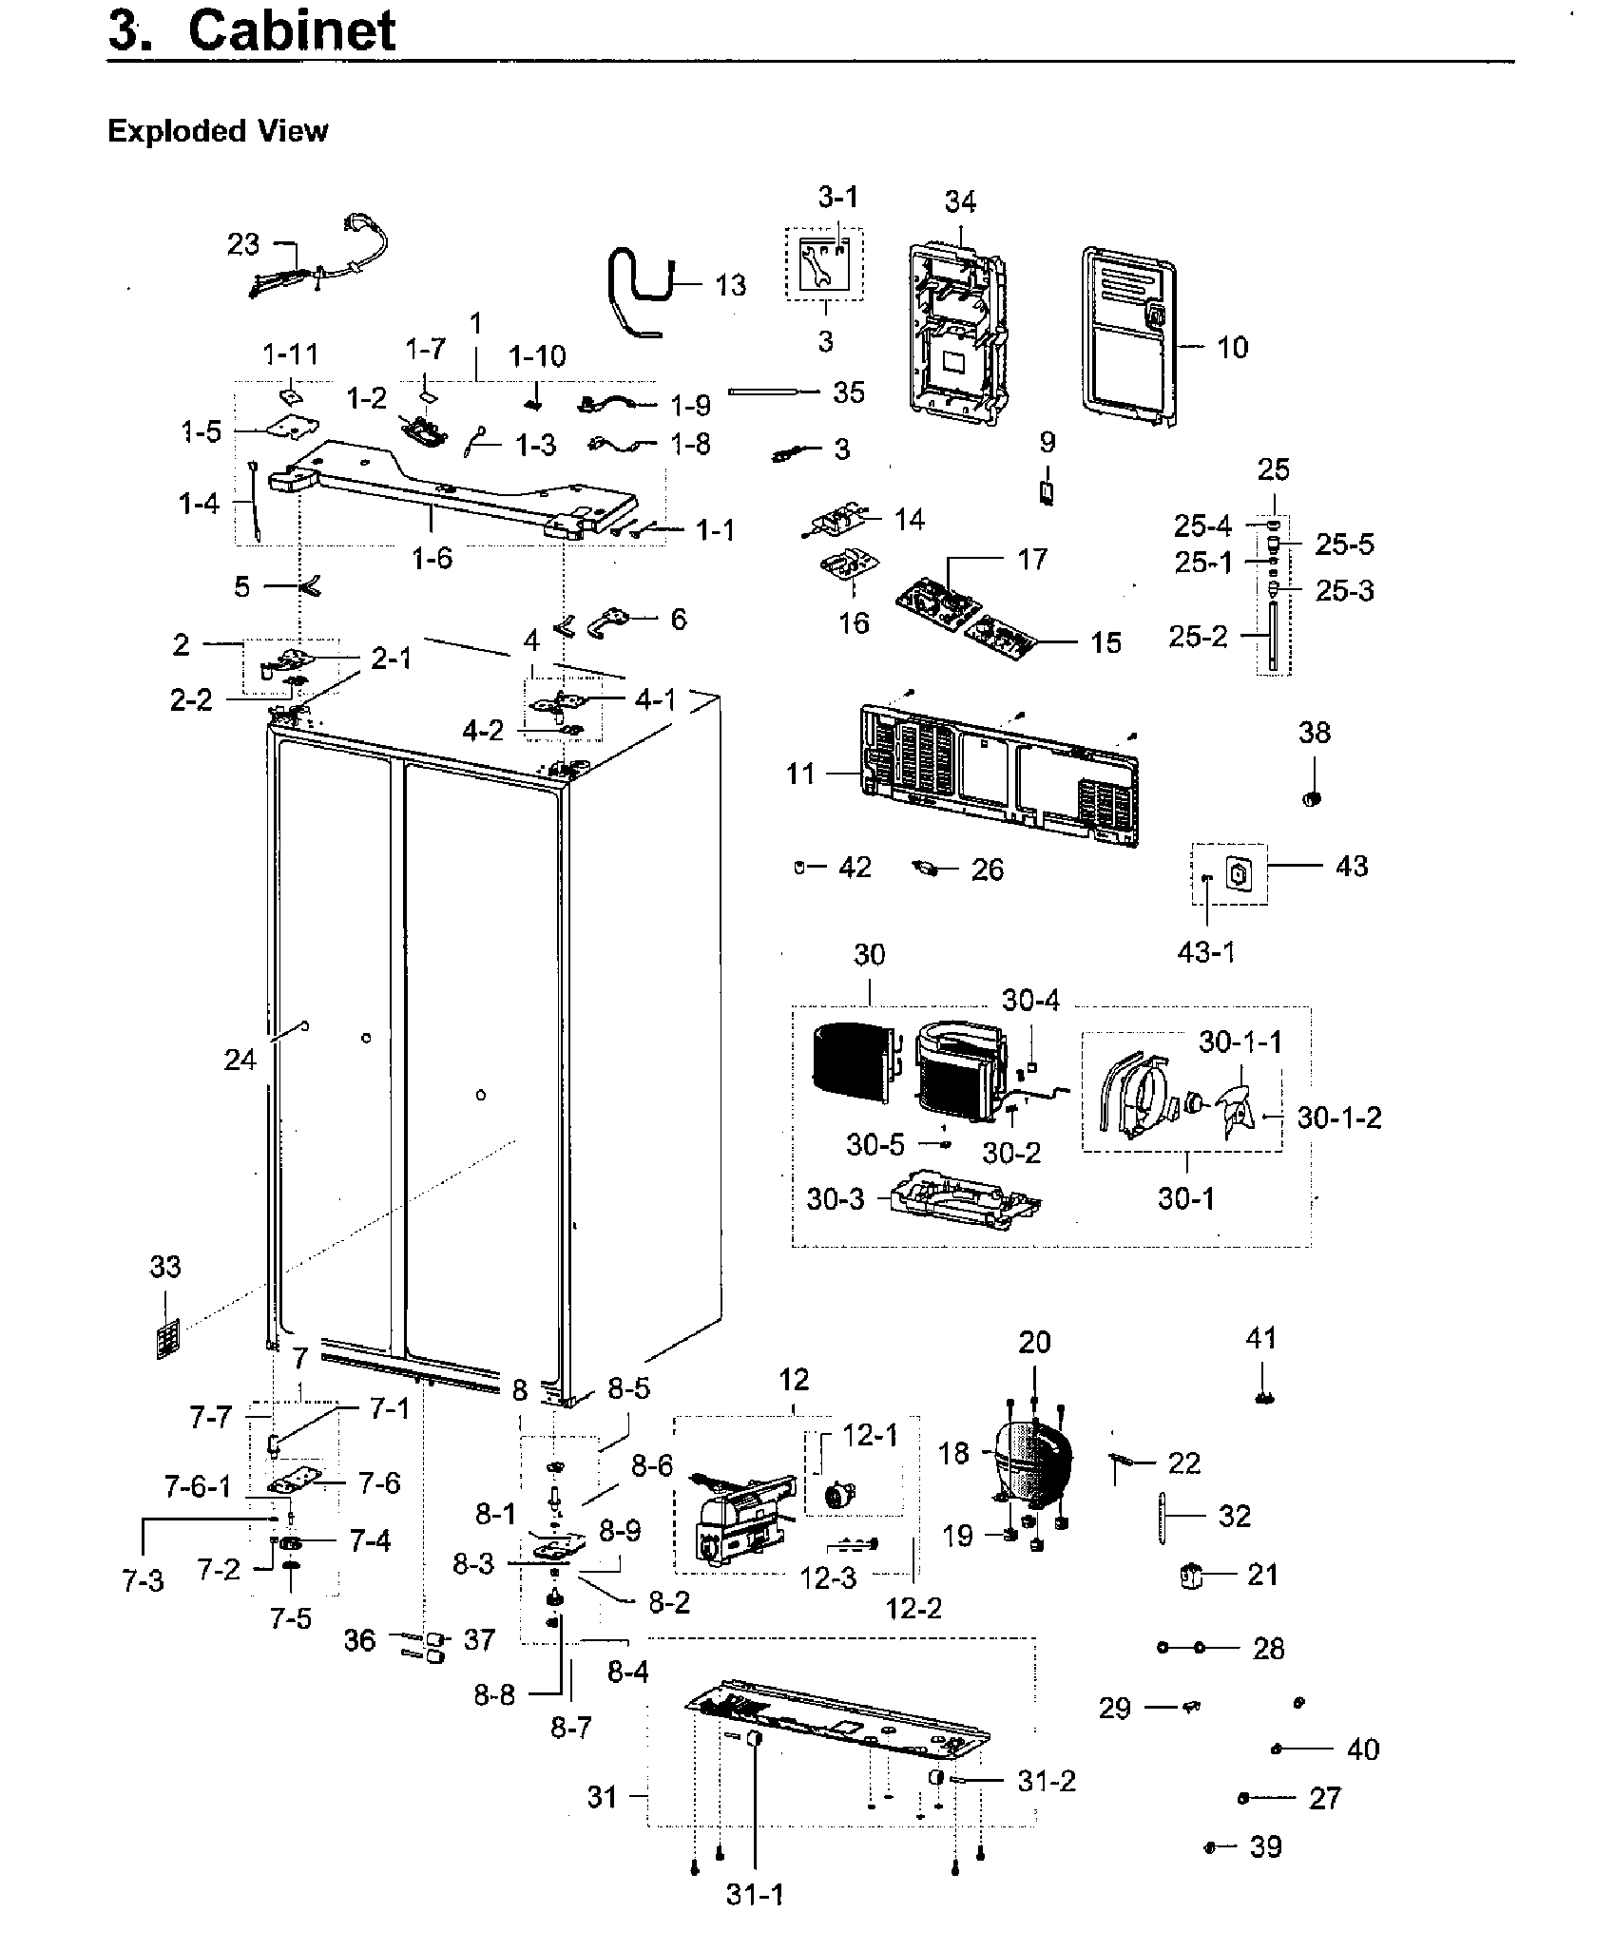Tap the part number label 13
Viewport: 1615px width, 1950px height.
pyautogui.click(x=730, y=285)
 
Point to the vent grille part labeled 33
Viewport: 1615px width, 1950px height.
pyautogui.click(x=167, y=1338)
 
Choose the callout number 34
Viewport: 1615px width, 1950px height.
pyautogui.click(x=960, y=202)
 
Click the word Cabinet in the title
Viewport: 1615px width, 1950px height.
pyautogui.click(x=292, y=30)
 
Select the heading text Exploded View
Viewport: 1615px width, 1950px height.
pyautogui.click(x=218, y=131)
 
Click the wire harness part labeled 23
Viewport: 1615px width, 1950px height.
pyautogui.click(x=314, y=266)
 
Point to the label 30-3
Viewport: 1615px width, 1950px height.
pyautogui.click(x=836, y=1199)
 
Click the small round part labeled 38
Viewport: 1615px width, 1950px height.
pyautogui.click(x=1313, y=798)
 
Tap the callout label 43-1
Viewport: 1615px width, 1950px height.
pyautogui.click(x=1206, y=951)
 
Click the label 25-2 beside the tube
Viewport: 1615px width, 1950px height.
pyautogui.click(x=1199, y=637)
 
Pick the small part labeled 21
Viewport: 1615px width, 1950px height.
pyautogui.click(x=1190, y=1576)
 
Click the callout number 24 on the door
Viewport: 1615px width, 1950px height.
pyautogui.click(x=240, y=1059)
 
